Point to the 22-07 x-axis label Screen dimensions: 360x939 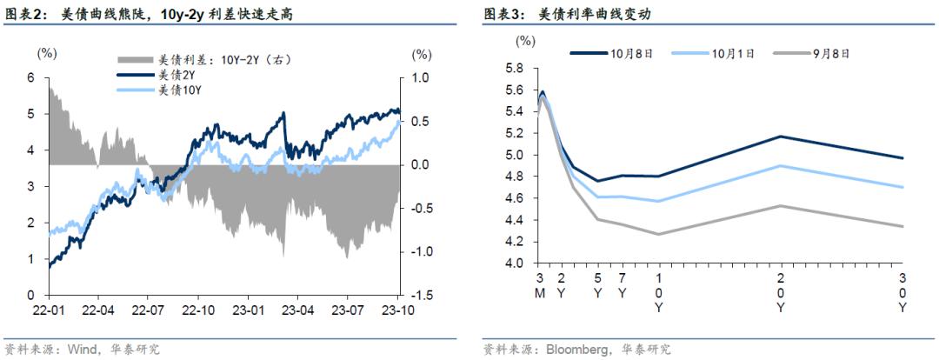pyautogui.click(x=149, y=310)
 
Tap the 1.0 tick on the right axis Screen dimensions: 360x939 pyautogui.click(x=421, y=77)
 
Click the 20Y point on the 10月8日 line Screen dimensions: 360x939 pyautogui.click(x=780, y=137)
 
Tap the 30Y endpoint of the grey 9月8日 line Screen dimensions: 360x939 pyautogui.click(x=902, y=226)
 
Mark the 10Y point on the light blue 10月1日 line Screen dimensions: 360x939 pyautogui.click(x=657, y=201)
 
